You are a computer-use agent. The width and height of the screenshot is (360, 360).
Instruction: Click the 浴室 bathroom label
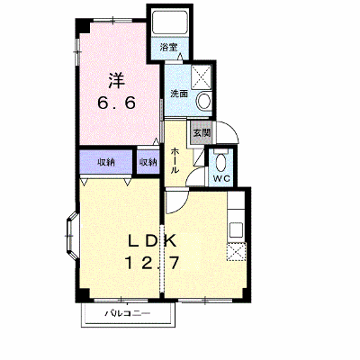(168, 47)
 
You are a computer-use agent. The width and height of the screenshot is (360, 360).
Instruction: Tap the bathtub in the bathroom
(169, 23)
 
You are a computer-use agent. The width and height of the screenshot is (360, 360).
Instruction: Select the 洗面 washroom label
(179, 94)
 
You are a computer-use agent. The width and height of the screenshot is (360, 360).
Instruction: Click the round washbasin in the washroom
(204, 100)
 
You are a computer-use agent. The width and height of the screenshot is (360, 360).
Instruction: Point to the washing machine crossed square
(201, 76)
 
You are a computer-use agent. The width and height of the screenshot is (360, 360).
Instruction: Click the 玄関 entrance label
(202, 132)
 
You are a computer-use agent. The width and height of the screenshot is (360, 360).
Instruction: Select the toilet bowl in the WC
(222, 162)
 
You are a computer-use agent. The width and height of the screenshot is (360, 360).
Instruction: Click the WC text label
(221, 178)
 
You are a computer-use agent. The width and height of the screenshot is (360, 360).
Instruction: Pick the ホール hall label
(175, 160)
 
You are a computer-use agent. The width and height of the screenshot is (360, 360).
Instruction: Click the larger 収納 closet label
(105, 162)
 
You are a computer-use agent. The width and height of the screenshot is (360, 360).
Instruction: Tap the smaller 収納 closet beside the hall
(148, 162)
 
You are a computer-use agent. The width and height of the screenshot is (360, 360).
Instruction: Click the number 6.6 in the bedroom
(116, 103)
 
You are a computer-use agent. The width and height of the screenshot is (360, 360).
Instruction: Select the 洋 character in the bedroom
(116, 80)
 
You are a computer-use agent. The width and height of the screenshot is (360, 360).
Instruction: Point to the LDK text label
(151, 241)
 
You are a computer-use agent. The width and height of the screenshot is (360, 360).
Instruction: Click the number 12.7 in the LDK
(151, 263)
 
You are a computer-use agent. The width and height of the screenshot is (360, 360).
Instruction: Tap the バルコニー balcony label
(127, 314)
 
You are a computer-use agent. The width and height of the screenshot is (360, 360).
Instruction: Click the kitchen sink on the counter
(237, 229)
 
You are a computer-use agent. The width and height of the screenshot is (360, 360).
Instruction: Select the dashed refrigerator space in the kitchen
(237, 251)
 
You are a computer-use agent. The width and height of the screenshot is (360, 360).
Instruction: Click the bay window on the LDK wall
(71, 236)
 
